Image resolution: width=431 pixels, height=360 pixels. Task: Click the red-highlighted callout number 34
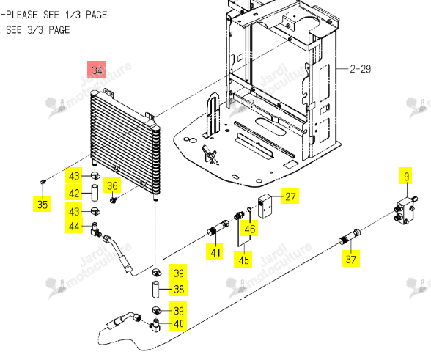click(x=97, y=70)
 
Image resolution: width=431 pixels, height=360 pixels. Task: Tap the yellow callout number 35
click(x=42, y=204)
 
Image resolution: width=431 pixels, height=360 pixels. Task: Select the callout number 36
click(x=112, y=185)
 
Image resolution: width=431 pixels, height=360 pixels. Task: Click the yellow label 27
click(x=290, y=196)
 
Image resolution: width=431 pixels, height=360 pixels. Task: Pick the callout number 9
click(x=407, y=176)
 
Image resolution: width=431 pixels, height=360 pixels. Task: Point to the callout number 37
click(x=350, y=259)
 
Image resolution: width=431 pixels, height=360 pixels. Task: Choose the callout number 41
click(x=215, y=252)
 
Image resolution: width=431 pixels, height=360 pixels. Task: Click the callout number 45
click(x=243, y=260)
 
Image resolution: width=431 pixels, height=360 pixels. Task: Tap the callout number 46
click(x=249, y=229)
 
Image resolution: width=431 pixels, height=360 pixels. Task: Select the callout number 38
click(x=179, y=289)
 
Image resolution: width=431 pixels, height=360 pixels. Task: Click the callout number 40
click(x=179, y=323)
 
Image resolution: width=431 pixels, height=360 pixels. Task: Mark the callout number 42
click(x=73, y=193)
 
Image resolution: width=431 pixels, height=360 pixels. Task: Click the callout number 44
click(x=73, y=226)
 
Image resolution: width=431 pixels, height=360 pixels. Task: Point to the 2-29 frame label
click(x=360, y=68)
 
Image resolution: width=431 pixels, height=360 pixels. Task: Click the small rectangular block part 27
click(x=265, y=207)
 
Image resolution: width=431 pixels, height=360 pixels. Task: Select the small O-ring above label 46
click(x=248, y=210)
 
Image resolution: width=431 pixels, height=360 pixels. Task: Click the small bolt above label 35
click(x=43, y=181)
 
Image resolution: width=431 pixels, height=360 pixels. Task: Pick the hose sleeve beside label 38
click(x=156, y=289)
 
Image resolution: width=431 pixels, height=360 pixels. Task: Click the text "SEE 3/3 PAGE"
click(x=37, y=30)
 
